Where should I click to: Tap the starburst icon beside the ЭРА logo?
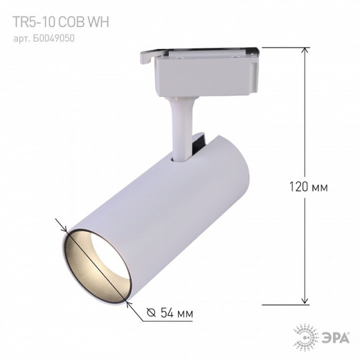point(309,337)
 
